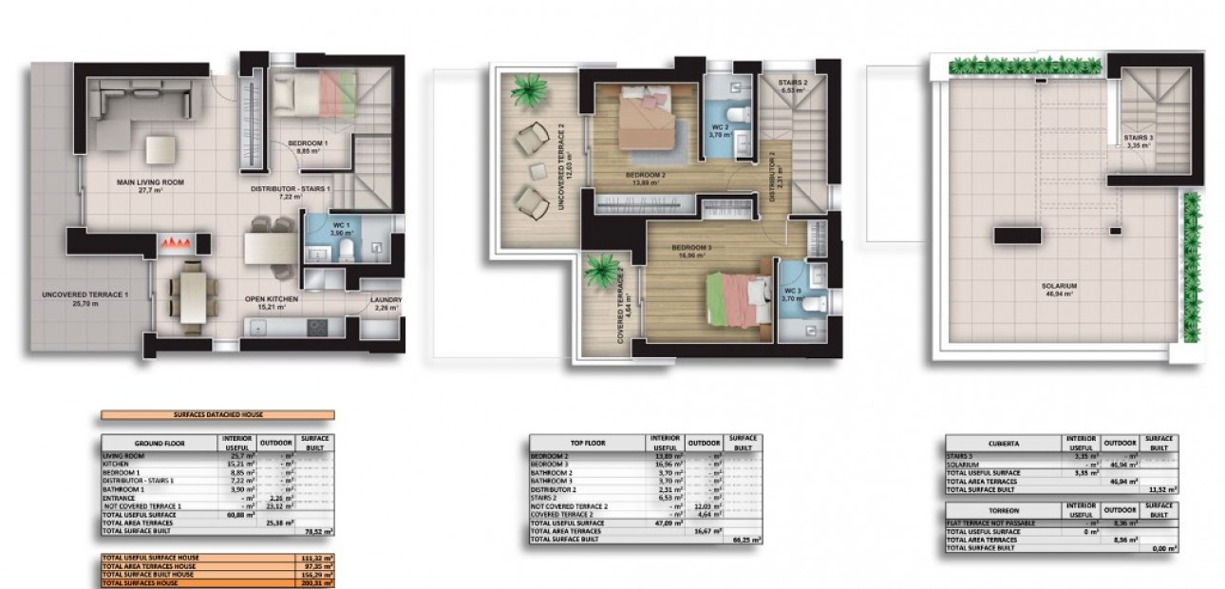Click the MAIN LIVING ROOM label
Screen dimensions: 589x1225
(151, 181)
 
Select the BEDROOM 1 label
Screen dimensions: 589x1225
(308, 143)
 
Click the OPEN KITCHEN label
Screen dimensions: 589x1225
(272, 299)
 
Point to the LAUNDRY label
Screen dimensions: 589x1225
(386, 301)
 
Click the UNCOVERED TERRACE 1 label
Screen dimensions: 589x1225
(85, 295)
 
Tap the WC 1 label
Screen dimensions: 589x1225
(341, 225)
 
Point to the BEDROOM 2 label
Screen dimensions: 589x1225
(645, 176)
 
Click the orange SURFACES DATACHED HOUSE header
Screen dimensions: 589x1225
(217, 415)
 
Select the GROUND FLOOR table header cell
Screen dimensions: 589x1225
(160, 444)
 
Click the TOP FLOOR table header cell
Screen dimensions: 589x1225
(586, 443)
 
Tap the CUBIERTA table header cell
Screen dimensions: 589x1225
(1004, 444)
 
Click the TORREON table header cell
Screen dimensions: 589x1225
(1004, 510)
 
